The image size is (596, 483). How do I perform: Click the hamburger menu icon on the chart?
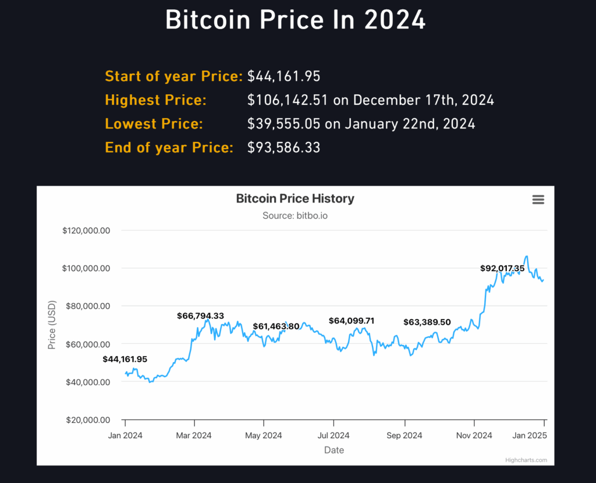(x=538, y=200)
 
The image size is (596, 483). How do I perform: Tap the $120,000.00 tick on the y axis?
(x=86, y=230)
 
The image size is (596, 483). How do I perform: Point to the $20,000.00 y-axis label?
(x=86, y=420)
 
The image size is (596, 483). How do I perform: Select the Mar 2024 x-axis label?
(x=194, y=435)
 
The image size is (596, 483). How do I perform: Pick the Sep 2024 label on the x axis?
(x=404, y=435)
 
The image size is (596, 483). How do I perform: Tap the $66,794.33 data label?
(x=200, y=316)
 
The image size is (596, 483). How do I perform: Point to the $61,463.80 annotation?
(x=276, y=326)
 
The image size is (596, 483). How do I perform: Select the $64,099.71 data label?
(x=352, y=321)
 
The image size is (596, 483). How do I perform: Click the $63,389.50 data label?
(x=427, y=322)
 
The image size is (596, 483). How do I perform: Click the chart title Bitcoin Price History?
(x=295, y=198)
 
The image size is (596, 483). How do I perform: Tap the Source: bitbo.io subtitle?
(x=295, y=216)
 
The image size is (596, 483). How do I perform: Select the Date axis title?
(x=334, y=450)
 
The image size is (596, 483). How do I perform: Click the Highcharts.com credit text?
(x=526, y=460)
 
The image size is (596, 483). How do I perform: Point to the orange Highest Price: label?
(x=155, y=100)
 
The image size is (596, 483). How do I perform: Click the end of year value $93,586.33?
(x=284, y=148)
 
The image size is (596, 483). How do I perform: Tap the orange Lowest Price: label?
(x=154, y=124)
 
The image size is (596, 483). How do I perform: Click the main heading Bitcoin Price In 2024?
(x=296, y=20)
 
